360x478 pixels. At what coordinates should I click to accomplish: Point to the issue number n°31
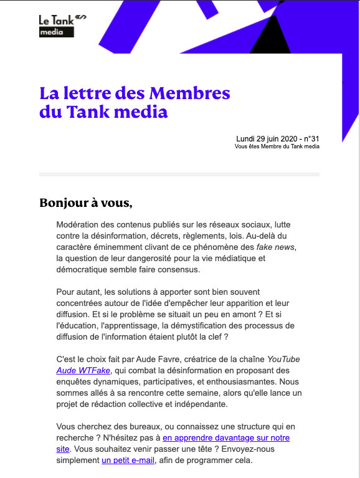click(310, 138)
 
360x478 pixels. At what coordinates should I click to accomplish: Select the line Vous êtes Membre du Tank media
click(277, 146)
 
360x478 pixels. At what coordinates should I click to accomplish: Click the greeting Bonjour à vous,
click(86, 203)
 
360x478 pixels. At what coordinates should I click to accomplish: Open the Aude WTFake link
click(83, 370)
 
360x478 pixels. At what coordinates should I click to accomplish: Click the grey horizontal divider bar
click(179, 174)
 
